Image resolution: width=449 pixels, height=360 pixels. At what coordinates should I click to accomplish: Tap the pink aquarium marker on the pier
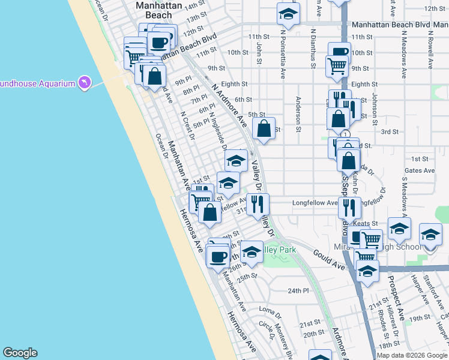(x=85, y=82)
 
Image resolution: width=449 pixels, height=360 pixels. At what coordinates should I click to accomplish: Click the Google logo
(x=20, y=353)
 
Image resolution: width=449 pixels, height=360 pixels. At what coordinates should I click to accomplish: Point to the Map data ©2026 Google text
(x=411, y=355)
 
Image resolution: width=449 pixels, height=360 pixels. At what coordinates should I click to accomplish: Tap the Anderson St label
(x=298, y=111)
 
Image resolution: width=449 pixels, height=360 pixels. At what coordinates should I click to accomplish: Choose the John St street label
(x=259, y=52)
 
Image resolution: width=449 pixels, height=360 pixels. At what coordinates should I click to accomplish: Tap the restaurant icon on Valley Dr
(x=258, y=203)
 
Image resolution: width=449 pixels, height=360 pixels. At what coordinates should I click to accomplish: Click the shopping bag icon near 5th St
(x=263, y=127)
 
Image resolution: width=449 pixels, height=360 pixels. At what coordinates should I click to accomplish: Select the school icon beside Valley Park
(x=252, y=252)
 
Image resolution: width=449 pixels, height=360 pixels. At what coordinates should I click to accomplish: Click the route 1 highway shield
(x=346, y=133)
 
